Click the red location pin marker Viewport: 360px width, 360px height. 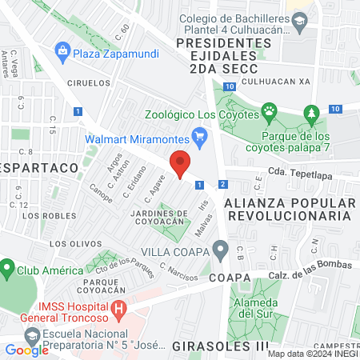180,163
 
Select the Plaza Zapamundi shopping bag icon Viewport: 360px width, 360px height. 62,53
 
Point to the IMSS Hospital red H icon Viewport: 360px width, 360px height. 119,308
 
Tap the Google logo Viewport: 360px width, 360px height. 27,350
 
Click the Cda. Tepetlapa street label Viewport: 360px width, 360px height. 300,170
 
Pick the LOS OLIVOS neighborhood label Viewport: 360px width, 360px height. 67,242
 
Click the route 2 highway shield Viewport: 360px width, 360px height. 222,185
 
